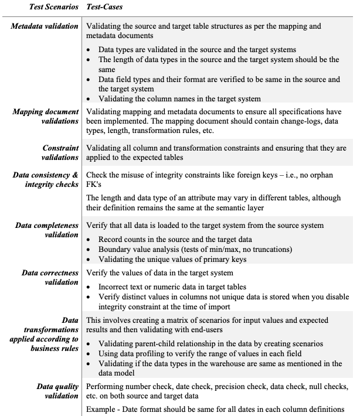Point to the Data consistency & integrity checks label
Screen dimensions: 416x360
[46, 180]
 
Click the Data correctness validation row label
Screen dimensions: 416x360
[50, 278]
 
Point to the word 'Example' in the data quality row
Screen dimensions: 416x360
[103, 408]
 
